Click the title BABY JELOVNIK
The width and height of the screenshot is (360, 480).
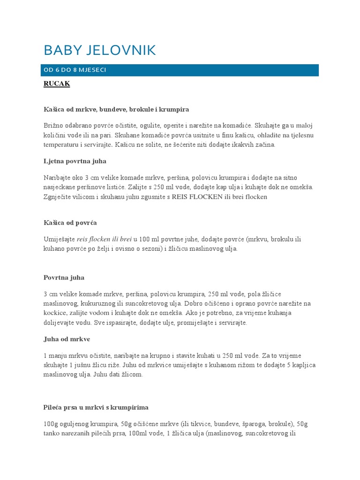[99, 51]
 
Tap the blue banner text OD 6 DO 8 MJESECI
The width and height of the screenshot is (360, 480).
[75, 70]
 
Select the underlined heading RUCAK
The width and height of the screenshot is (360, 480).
[56, 84]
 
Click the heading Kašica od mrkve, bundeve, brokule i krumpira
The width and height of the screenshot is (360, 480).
[116, 109]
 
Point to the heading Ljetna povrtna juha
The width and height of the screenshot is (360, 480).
[75, 161]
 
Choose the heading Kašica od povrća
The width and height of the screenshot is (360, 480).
[70, 223]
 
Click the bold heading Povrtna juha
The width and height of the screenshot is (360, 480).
[64, 277]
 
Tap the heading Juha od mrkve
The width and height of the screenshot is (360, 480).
[67, 339]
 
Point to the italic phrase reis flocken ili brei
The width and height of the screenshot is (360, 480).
[104, 239]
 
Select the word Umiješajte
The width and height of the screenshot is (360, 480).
[59, 239]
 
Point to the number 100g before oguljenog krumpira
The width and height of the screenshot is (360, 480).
[51, 424]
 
